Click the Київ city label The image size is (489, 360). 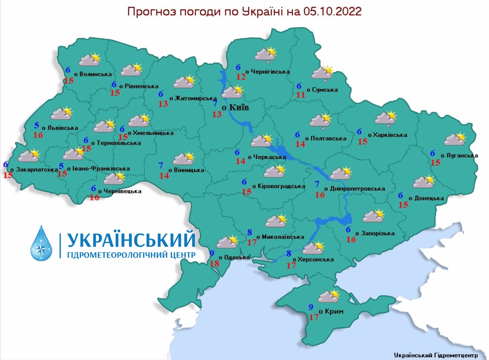pos(239,107)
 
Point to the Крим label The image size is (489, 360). pos(334,311)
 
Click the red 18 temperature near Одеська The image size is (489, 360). pos(214,263)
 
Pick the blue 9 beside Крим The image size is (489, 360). pos(311,307)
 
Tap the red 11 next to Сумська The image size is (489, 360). pos(301,95)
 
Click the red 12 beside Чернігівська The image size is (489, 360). pos(241,77)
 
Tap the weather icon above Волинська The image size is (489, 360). pos(90,59)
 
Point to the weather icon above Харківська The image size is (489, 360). pos(386,118)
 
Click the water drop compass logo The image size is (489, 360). pos(41,243)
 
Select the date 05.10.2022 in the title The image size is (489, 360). pos(332,12)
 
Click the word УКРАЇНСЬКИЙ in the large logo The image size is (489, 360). pos(131,240)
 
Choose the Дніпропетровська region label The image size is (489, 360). pos(357,188)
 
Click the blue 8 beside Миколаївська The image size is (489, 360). pos(250,232)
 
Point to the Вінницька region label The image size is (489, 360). pos(189,170)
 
